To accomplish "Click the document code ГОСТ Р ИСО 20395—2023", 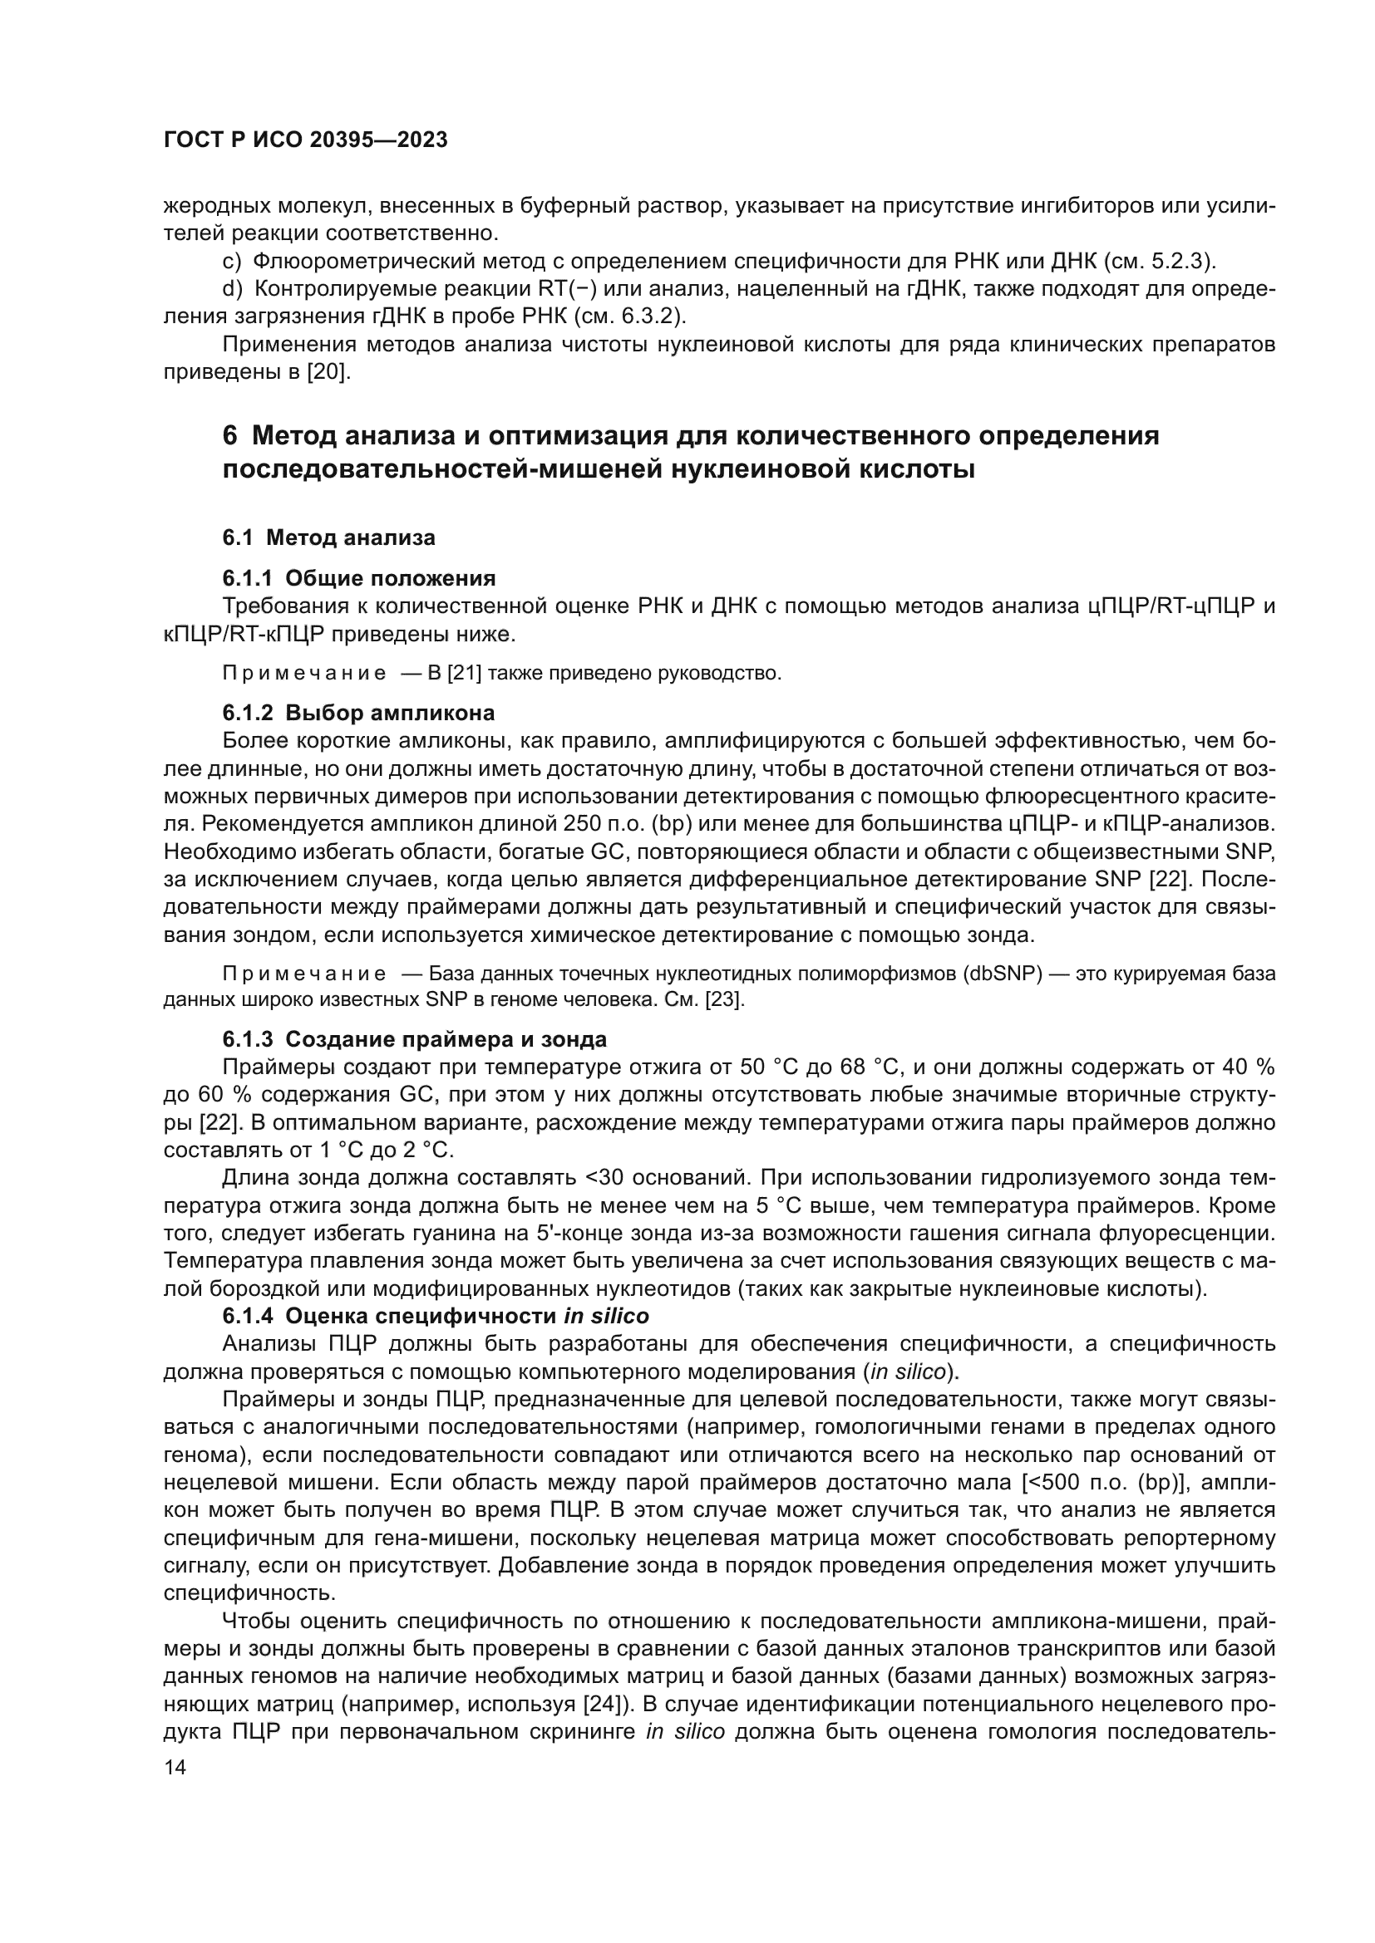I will pyautogui.click(x=306, y=140).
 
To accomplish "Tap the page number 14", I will pyautogui.click(x=175, y=1768).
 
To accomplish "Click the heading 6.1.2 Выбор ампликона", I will pyautogui.click(x=359, y=713).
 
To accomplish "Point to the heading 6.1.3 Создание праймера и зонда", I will pyautogui.click(x=415, y=1039).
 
